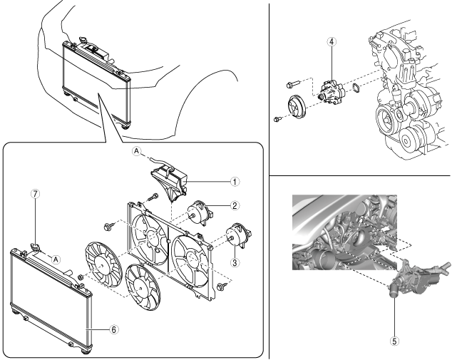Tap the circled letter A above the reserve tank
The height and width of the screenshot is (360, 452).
pos(136,150)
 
